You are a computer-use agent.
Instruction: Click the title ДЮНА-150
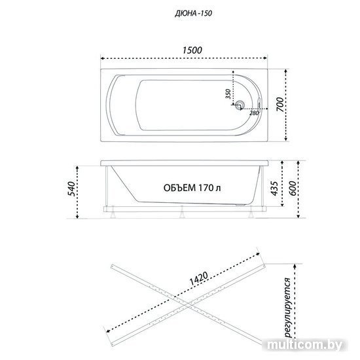click(x=193, y=14)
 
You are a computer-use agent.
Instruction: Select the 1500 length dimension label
click(x=192, y=50)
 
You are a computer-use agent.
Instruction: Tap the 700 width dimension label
click(x=280, y=105)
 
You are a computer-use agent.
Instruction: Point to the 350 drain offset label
click(x=228, y=94)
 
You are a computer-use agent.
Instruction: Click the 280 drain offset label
click(x=254, y=113)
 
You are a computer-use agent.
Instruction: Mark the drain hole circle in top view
click(x=241, y=105)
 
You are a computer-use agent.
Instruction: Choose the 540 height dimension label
click(x=71, y=189)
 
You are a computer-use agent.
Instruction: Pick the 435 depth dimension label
click(x=274, y=189)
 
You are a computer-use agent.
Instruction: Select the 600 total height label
click(x=293, y=189)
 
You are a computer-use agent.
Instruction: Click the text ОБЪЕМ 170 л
click(x=192, y=188)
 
